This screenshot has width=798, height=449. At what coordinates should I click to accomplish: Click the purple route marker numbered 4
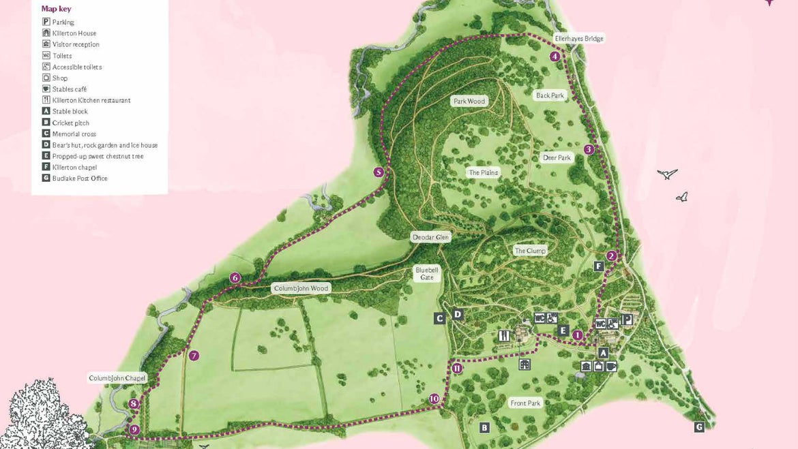click(555, 57)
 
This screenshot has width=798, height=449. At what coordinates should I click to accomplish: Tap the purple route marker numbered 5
click(379, 172)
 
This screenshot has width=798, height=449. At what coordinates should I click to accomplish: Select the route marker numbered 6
click(235, 277)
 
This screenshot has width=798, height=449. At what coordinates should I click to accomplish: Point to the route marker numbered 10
click(434, 399)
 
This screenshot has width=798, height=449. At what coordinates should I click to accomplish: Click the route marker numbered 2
click(612, 256)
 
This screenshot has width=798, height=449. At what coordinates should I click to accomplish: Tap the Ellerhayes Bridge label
click(578, 39)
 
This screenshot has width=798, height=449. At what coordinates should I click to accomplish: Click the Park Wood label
click(469, 102)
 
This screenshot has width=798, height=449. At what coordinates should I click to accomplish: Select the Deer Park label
click(557, 158)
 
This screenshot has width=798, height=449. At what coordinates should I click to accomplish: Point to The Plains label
click(483, 173)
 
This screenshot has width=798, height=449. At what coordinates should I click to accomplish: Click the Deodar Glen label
click(430, 237)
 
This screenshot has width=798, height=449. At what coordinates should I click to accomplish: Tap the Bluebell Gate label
click(427, 273)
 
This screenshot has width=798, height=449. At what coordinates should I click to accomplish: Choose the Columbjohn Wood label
click(301, 288)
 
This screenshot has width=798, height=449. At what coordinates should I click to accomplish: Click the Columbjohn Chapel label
click(117, 378)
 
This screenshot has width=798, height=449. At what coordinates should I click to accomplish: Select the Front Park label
click(525, 403)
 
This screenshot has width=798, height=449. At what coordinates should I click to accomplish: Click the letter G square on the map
click(699, 427)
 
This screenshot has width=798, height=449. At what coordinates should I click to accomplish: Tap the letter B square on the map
click(484, 428)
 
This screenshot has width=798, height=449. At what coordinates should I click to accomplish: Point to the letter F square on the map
click(599, 266)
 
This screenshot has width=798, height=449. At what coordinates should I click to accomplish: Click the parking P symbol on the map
click(627, 319)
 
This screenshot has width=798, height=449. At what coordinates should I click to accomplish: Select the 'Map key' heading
click(56, 9)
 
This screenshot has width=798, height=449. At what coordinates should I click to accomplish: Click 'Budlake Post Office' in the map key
click(80, 179)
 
